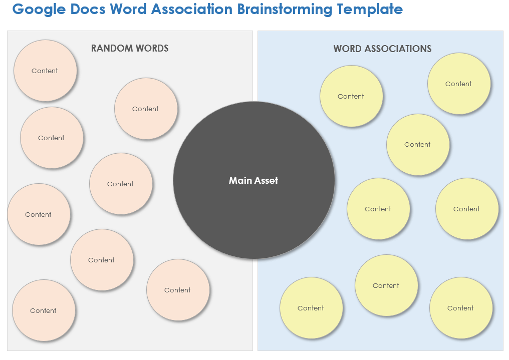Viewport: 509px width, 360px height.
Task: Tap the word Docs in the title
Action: pyautogui.click(x=87, y=10)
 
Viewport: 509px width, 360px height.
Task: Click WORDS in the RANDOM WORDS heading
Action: pyautogui.click(x=152, y=49)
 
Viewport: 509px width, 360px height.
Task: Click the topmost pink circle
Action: pyautogui.click(x=45, y=71)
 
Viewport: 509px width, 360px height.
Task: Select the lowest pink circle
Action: pyautogui.click(x=44, y=310)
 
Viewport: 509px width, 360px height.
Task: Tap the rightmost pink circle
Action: pyautogui.click(x=178, y=290)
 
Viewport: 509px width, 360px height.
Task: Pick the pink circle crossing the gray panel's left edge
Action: pyautogui.click(x=39, y=214)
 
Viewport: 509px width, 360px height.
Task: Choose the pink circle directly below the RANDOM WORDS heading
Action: pyautogui.click(x=146, y=109)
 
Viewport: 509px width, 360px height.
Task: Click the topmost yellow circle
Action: pyautogui.click(x=458, y=84)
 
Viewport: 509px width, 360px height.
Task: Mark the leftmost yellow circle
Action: pyautogui.click(x=311, y=308)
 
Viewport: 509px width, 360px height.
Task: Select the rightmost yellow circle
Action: pyautogui.click(x=467, y=209)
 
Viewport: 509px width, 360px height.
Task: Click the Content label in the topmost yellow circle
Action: pyautogui.click(x=458, y=84)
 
